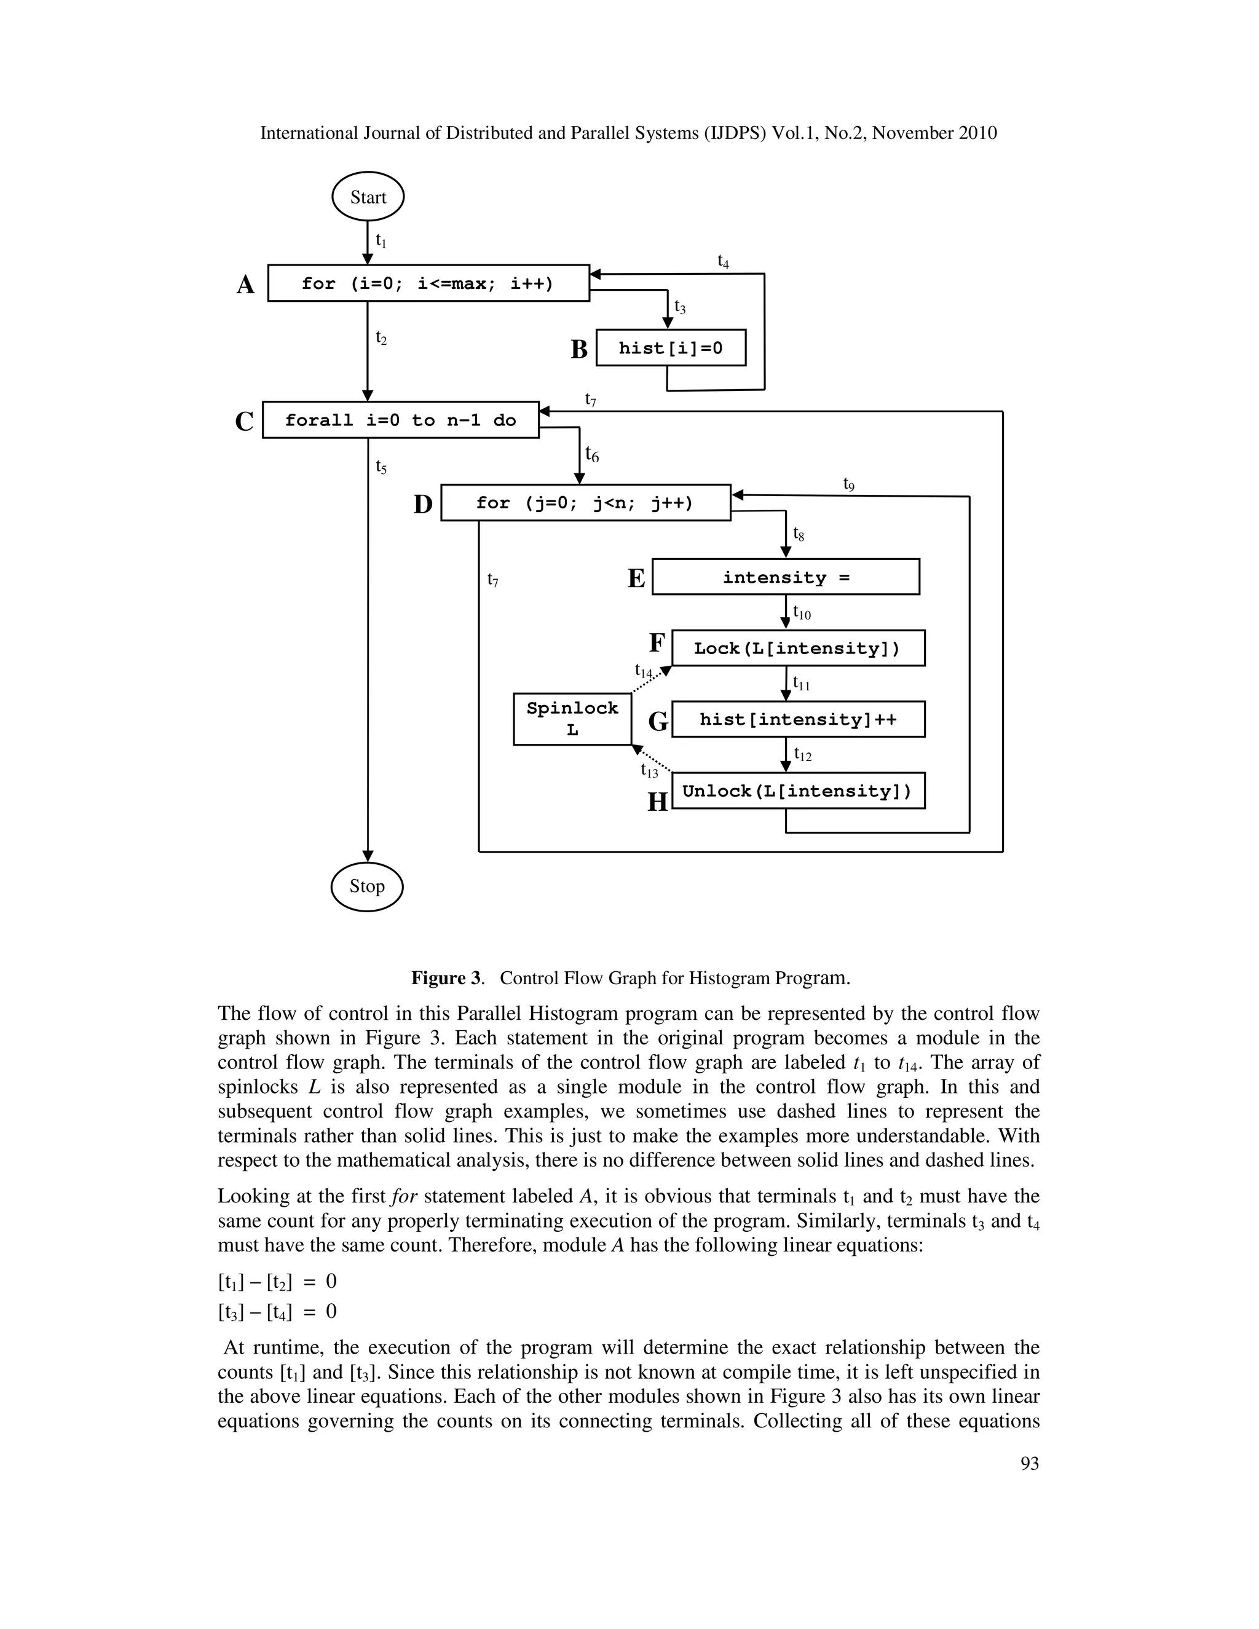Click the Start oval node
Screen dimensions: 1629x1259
point(368,197)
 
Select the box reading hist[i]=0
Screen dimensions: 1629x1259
point(671,347)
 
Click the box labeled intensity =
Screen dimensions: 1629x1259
point(786,577)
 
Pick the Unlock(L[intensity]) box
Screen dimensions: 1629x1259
point(797,791)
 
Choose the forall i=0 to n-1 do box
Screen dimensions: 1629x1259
point(401,420)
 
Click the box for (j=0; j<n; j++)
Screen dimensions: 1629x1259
point(585,503)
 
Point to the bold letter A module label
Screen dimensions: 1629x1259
point(245,285)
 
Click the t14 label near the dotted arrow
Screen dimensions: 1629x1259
point(643,671)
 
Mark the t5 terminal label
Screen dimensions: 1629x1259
point(381,467)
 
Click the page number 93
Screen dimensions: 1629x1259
point(1029,1464)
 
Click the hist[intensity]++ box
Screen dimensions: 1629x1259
point(797,719)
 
